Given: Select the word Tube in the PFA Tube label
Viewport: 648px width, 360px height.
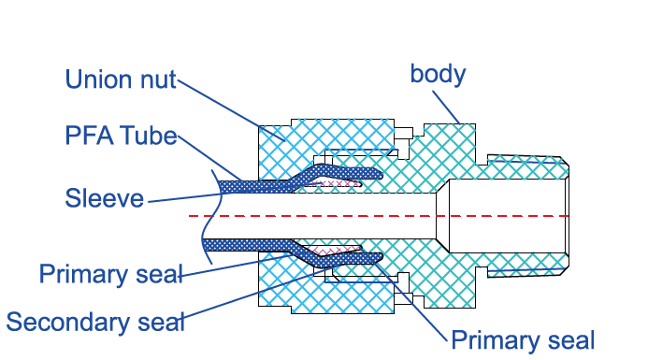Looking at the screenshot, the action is tap(149, 136).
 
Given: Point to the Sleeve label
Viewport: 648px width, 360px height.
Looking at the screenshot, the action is tap(104, 198).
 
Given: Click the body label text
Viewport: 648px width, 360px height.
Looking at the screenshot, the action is tap(438, 74).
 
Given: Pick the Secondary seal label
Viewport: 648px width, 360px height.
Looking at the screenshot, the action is tap(95, 322).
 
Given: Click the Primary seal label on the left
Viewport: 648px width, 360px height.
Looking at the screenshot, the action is tap(110, 274).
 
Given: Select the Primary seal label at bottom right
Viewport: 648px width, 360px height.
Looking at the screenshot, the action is tap(523, 340).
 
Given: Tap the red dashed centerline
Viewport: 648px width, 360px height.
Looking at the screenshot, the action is tap(379, 216).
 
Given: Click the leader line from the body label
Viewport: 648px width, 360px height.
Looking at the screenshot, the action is tap(446, 108).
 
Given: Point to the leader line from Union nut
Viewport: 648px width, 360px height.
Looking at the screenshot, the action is tap(231, 110).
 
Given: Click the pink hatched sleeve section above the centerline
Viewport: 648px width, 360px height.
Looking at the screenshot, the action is tap(335, 183).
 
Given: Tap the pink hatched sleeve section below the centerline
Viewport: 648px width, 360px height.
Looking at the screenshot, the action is tap(334, 250).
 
